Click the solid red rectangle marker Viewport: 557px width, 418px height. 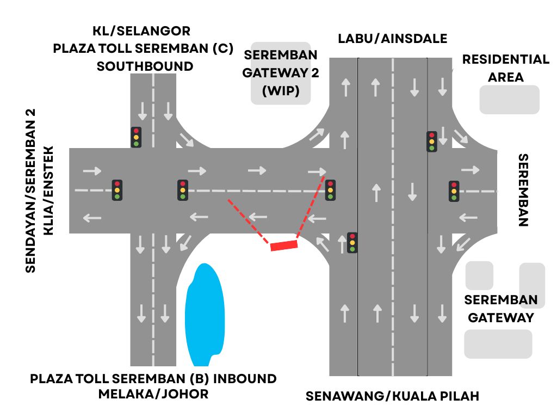[284, 245]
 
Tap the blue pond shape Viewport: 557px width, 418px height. [205, 315]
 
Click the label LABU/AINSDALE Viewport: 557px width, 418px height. [392, 39]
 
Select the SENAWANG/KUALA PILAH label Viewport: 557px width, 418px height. [392, 396]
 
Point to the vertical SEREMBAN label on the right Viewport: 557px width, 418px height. [523, 190]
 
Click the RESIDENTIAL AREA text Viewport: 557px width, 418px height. [505, 68]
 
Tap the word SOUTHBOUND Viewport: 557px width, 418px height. [145, 66]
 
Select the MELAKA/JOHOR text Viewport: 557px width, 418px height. [153, 394]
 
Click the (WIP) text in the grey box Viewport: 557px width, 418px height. [281, 90]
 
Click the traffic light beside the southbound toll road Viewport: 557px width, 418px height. [137, 137]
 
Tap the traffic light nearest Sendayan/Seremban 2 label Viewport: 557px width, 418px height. [116, 190]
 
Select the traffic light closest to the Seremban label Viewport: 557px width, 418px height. [454, 191]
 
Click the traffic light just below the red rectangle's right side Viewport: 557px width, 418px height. [352, 243]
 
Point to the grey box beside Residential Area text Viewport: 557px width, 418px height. [509, 100]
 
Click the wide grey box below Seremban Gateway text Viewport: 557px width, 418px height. [498, 343]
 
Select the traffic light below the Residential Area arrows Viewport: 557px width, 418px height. [431, 142]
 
